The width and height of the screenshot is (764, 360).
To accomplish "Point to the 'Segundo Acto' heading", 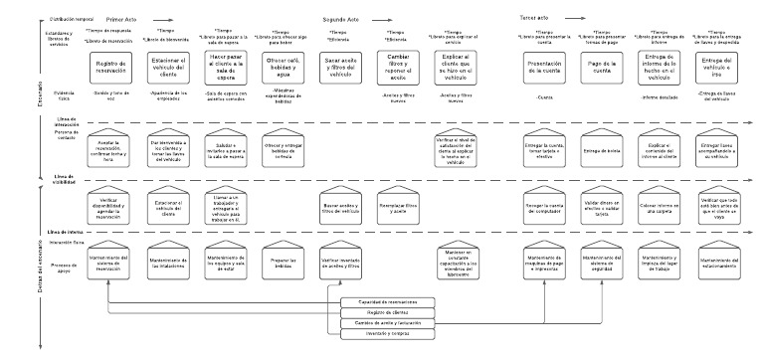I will point(341,19).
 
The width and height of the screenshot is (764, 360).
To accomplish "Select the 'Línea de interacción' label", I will point(67,120).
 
